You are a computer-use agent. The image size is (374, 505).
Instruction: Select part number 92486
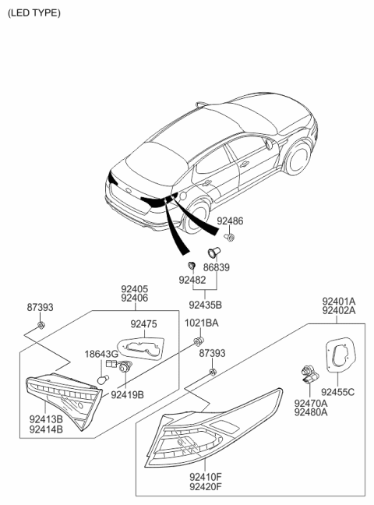tap(230, 221)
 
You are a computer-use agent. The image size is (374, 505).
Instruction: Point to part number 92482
tap(192, 279)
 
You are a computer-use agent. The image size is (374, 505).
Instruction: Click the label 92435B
tap(206, 305)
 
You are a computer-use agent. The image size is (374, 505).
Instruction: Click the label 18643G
tap(101, 353)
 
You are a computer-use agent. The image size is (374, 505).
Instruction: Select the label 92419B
tap(127, 394)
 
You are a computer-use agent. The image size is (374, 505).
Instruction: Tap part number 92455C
tap(339, 392)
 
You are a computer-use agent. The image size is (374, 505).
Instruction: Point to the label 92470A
tap(311, 403)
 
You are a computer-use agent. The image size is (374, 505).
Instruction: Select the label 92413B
tap(47, 419)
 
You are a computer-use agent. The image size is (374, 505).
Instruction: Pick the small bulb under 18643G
tap(101, 378)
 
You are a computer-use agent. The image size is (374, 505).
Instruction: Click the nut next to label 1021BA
tap(199, 341)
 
